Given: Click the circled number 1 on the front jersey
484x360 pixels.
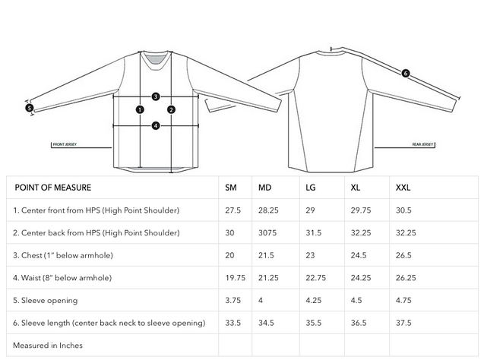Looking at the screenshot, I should pos(140,109).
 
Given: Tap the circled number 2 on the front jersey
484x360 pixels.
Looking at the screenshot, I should pos(172,109).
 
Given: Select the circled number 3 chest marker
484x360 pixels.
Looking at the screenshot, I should pos(155,96).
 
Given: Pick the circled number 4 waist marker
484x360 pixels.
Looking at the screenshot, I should pos(155,125).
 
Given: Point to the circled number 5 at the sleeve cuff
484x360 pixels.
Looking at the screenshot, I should pos(30,108).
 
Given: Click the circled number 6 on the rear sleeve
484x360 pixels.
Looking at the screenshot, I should pos(405,74).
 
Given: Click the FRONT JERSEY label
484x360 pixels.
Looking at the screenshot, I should pos(65,143).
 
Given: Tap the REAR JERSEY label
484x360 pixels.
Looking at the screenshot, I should pos(422,143).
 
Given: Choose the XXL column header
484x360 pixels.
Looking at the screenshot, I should pos(404,188).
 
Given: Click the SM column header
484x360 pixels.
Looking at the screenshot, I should pos(231,188).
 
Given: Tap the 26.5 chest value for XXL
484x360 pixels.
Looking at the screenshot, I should pos(404,255).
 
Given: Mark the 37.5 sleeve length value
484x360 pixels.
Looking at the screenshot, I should pos(404,323).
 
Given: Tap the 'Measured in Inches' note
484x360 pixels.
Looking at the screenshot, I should pos(48,345).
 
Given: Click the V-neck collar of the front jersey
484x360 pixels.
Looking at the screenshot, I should pos(155,58).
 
